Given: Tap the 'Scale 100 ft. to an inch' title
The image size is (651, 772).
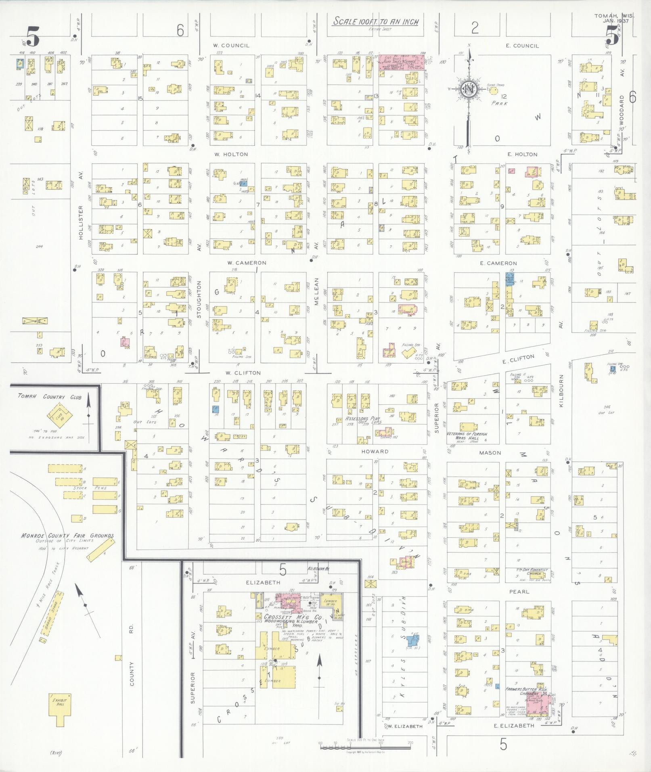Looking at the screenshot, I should pos(375,22).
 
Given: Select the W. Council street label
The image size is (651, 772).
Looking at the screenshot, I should pos(231,46).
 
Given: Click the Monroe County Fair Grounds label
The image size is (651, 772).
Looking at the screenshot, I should pos(67,536).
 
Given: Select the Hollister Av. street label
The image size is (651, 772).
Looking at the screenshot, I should pos(81,223).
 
